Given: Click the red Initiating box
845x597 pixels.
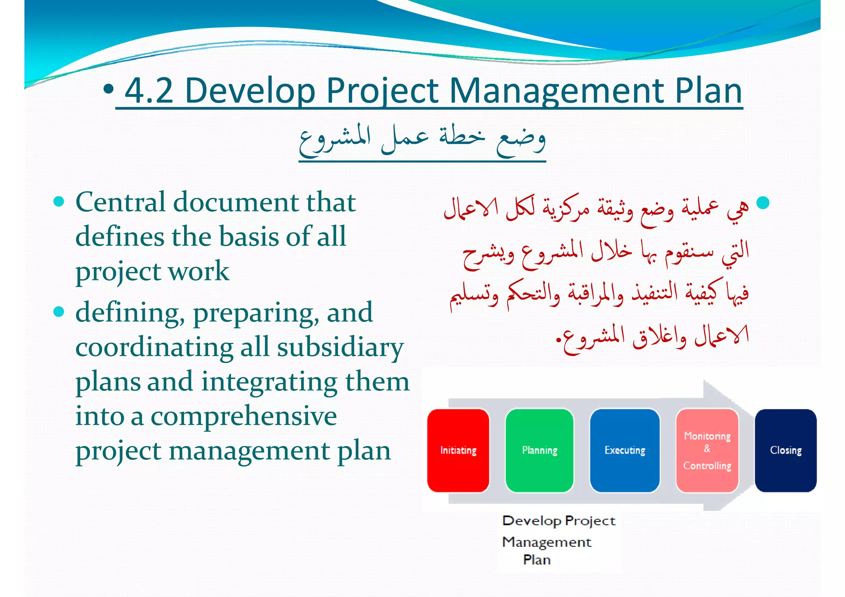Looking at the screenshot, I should click(x=458, y=450).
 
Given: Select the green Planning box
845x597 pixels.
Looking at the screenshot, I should click(x=539, y=450).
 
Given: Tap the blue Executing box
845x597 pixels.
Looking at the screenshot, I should click(x=625, y=450).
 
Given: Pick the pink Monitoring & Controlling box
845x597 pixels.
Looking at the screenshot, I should click(x=707, y=450).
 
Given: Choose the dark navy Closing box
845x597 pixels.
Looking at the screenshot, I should click(x=786, y=450).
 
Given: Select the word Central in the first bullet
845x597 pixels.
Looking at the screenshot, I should click(x=120, y=202).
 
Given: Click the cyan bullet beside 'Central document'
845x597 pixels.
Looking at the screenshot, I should click(x=59, y=201).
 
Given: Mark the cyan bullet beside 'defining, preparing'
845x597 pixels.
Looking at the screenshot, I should click(x=59, y=312).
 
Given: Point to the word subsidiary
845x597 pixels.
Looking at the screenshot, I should click(x=340, y=348).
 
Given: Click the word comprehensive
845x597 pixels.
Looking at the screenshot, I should click(x=243, y=416).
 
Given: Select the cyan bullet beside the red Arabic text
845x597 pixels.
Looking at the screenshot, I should click(x=763, y=202).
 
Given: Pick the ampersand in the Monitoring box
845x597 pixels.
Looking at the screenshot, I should click(x=707, y=449).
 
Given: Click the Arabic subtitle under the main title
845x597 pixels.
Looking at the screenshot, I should click(x=422, y=140).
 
